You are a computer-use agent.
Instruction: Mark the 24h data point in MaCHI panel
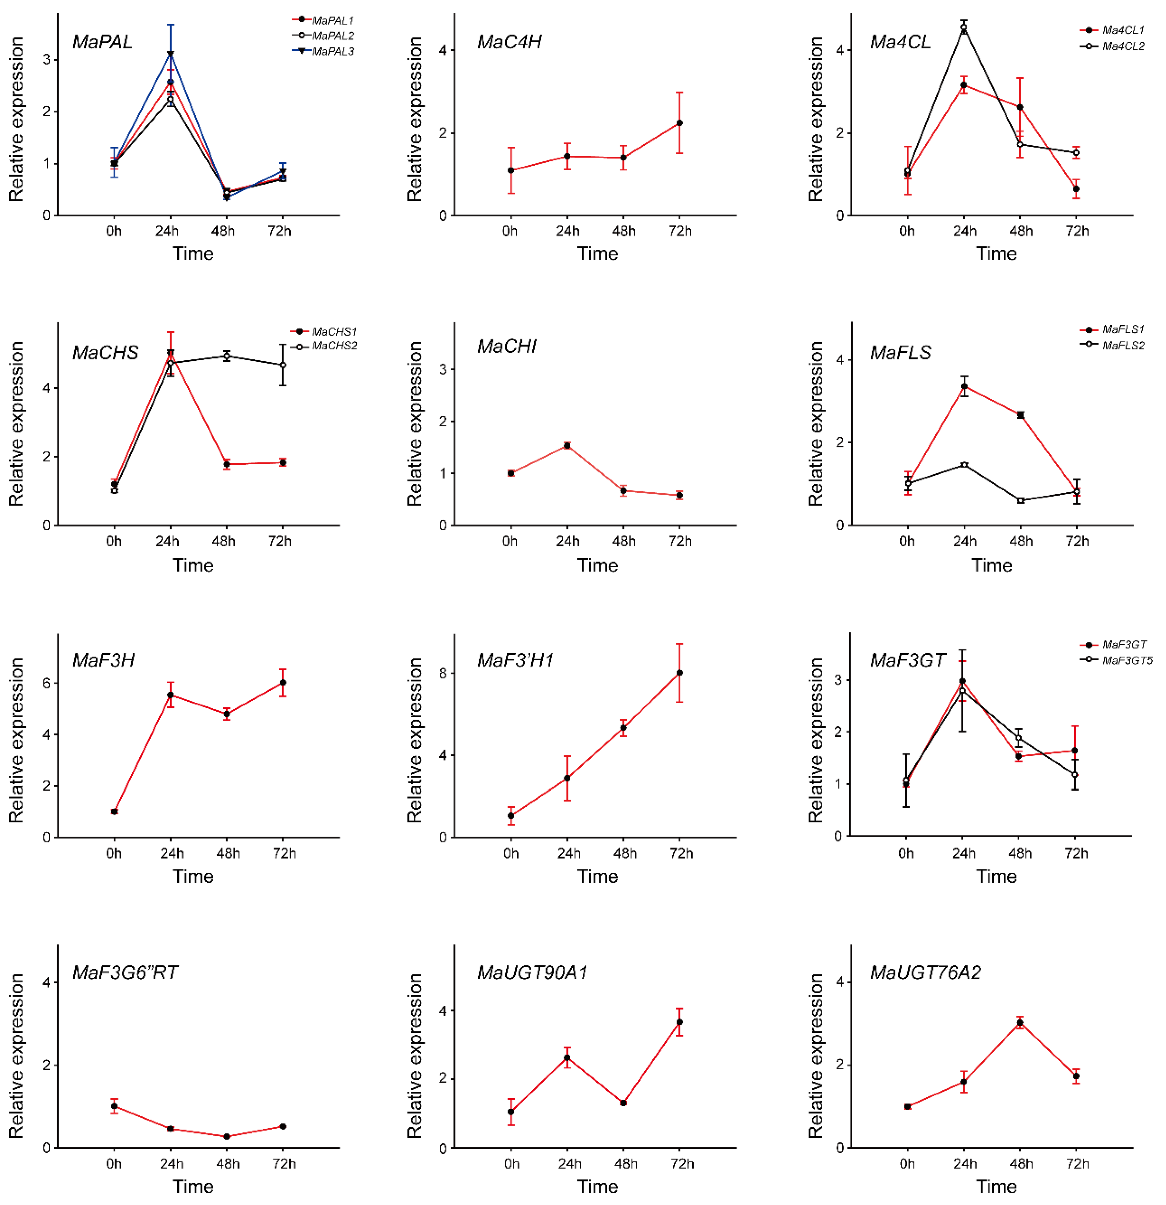(x=567, y=445)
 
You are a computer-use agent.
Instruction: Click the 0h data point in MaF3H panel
(x=114, y=811)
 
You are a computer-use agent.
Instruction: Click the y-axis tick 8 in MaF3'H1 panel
(x=443, y=673)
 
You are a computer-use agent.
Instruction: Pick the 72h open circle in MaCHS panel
(x=283, y=365)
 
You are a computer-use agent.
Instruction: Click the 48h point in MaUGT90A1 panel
(x=623, y=1103)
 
